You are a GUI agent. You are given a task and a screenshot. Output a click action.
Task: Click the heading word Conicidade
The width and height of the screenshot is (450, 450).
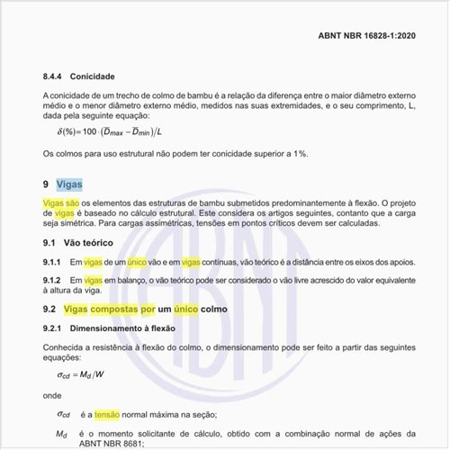tap(94, 76)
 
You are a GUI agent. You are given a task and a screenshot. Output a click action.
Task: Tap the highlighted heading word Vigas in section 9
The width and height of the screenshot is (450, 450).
tap(69, 184)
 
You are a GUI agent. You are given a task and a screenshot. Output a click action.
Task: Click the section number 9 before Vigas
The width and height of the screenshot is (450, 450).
tap(46, 184)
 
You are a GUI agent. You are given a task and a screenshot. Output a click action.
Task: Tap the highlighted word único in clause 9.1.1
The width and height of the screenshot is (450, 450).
tap(138, 262)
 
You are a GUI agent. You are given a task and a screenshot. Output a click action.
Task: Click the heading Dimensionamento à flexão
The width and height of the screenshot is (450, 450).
tap(127, 328)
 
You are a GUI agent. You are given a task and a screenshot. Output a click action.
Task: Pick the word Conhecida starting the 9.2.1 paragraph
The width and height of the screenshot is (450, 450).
tap(67, 346)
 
